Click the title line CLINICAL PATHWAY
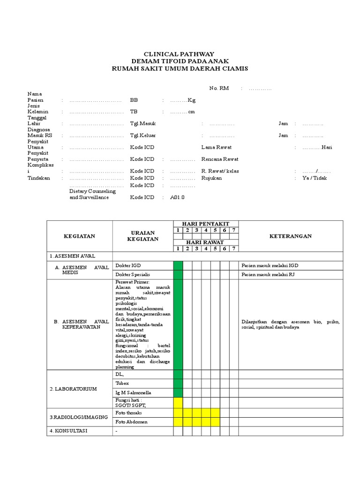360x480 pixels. (180, 54)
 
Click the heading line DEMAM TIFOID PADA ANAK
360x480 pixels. (180, 61)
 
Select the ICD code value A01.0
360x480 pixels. (178, 197)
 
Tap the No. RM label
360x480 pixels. (219, 88)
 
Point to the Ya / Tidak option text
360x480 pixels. (315, 178)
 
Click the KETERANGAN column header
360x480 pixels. (291, 236)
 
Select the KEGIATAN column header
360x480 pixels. (80, 236)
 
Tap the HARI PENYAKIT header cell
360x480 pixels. (206, 224)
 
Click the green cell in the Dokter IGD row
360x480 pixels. (178, 266)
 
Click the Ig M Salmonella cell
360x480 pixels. (134, 392)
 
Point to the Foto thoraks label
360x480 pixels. (128, 413)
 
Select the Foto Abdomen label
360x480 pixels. (131, 422)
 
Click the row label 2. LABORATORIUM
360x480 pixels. (74, 389)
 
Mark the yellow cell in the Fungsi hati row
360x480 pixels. (178, 402)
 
